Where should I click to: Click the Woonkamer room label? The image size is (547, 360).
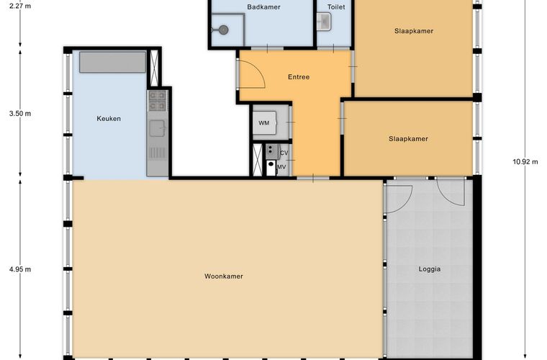(x=224, y=276)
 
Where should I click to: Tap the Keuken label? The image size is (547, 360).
(x=109, y=119)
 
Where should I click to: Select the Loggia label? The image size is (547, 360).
(x=430, y=269)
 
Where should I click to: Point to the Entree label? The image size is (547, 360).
(x=299, y=77)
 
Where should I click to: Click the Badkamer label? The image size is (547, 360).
(x=263, y=7)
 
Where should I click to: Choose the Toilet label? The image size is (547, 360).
(x=336, y=7)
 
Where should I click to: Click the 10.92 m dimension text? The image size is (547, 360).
(x=525, y=162)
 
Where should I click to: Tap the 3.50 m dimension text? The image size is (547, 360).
(x=20, y=114)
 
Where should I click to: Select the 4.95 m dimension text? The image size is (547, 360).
(x=20, y=269)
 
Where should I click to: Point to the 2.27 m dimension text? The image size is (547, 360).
(x=20, y=6)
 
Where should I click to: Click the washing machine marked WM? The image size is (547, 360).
(x=265, y=123)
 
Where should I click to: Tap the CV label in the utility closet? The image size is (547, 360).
(x=284, y=153)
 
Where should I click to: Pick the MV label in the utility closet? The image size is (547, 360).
(x=281, y=167)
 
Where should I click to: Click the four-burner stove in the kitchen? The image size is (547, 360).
(x=158, y=101)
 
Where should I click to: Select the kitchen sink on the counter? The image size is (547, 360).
(x=158, y=129)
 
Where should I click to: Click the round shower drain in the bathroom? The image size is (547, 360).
(x=223, y=30)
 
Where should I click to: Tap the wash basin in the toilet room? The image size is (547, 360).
(x=324, y=22)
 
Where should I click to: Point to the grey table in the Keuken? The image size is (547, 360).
(x=112, y=62)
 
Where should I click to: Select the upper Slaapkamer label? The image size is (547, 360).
(x=414, y=31)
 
